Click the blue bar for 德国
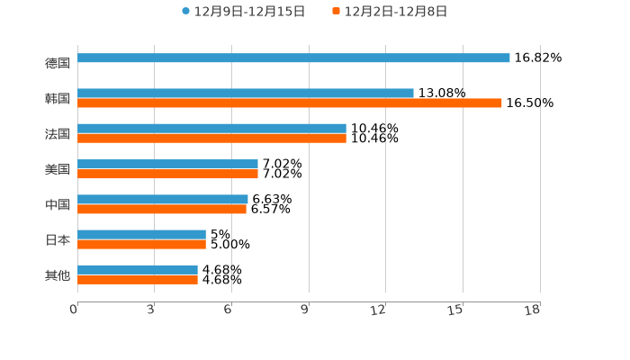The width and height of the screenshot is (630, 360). click(x=293, y=58)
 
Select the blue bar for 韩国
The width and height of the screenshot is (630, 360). click(x=246, y=93)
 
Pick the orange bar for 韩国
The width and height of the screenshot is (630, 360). click(x=290, y=103)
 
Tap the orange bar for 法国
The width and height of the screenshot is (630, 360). click(x=211, y=139)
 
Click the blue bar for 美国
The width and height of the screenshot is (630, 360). click(x=167, y=164)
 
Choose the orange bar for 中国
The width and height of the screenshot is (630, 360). click(x=162, y=210)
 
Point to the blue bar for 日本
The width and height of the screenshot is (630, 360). click(x=141, y=235)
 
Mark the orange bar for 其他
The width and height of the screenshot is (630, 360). click(x=138, y=280)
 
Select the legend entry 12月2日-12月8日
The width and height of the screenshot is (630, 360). click(x=396, y=12)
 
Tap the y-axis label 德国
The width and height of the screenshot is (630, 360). click(x=58, y=63)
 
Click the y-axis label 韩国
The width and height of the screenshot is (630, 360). click(x=58, y=98)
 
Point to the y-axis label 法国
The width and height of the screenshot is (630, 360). click(x=58, y=134)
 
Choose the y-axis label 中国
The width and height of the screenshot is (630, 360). click(x=58, y=204)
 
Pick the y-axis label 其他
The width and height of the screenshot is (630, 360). click(x=58, y=275)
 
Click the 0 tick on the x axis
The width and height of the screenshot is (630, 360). click(x=74, y=310)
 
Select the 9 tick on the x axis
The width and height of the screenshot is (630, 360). click(x=305, y=310)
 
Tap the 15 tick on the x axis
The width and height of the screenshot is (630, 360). click(x=456, y=310)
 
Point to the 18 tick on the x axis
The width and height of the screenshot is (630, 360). click(x=533, y=310)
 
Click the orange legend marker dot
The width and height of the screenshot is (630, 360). click(x=336, y=12)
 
